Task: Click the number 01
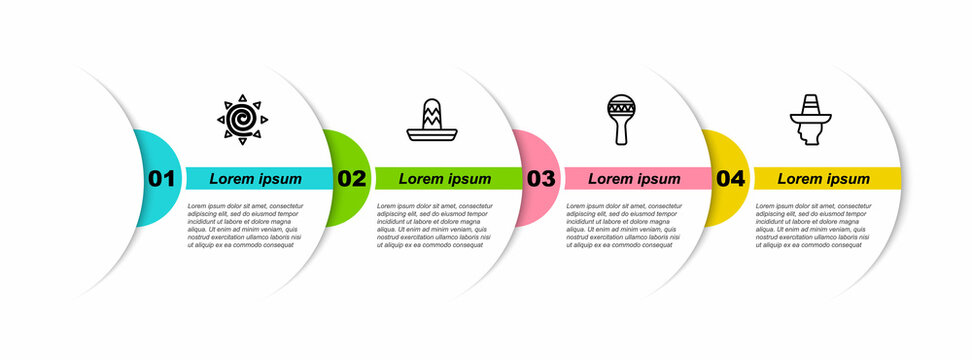pyautogui.click(x=161, y=179)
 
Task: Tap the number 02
pyautogui.click(x=351, y=179)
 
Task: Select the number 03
pyautogui.click(x=540, y=179)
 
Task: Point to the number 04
pyautogui.click(x=730, y=179)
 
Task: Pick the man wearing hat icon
pyautogui.click(x=809, y=120)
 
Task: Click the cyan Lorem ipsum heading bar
pyautogui.click(x=256, y=179)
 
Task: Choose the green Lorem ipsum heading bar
pyautogui.click(x=446, y=179)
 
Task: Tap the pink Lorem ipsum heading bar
pyautogui.click(x=635, y=179)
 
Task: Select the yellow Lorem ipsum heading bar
pyautogui.click(x=825, y=179)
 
